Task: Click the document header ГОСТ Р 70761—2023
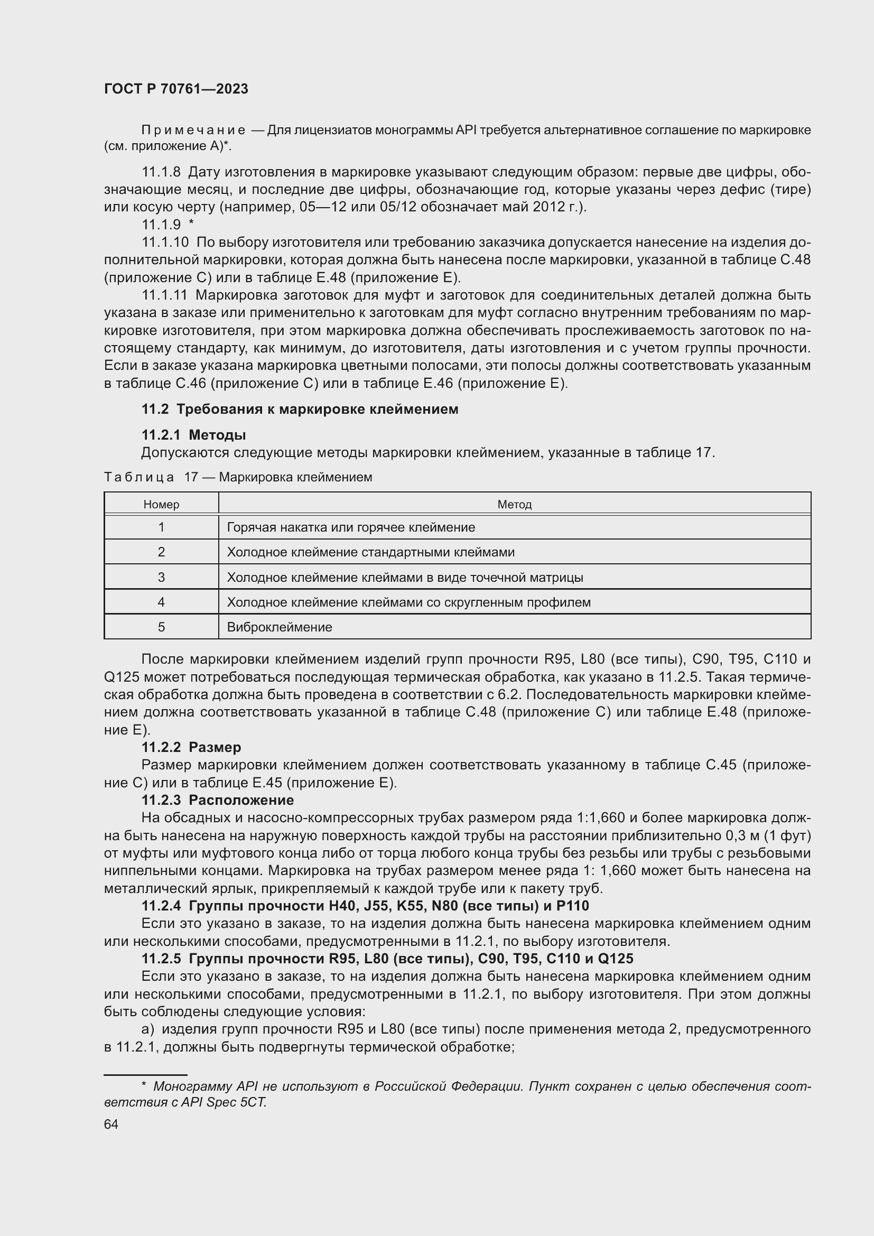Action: tap(176, 89)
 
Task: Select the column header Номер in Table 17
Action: tap(161, 505)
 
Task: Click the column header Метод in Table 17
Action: tap(514, 505)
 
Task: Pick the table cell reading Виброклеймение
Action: tap(280, 627)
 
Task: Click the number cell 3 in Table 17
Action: tap(161, 577)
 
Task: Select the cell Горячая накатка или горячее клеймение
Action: tap(351, 527)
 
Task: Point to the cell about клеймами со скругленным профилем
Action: tap(408, 602)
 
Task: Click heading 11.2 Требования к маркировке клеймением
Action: tap(300, 409)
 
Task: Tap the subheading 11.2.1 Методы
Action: tap(194, 434)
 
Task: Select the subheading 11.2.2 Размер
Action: tap(191, 747)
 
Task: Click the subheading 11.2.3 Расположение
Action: tap(217, 800)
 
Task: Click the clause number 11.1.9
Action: tap(161, 225)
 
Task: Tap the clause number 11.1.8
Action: tap(161, 172)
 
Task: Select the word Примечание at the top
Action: tap(193, 130)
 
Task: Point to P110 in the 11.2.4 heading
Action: tap(573, 906)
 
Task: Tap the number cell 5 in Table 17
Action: tap(161, 627)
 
